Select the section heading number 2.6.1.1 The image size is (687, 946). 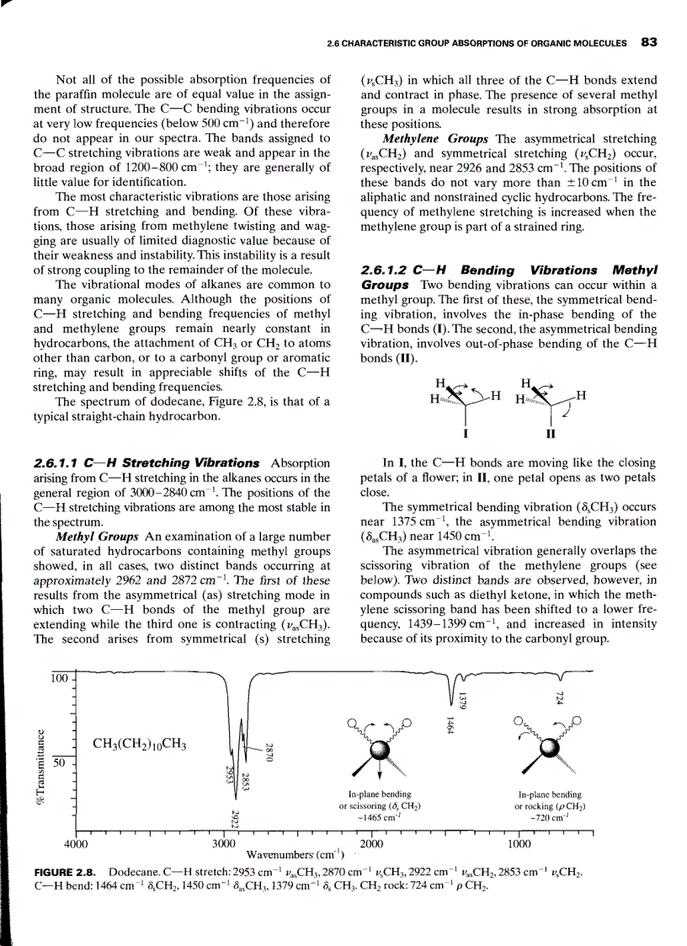point(60,463)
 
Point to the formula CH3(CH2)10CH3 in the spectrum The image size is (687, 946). point(140,744)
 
